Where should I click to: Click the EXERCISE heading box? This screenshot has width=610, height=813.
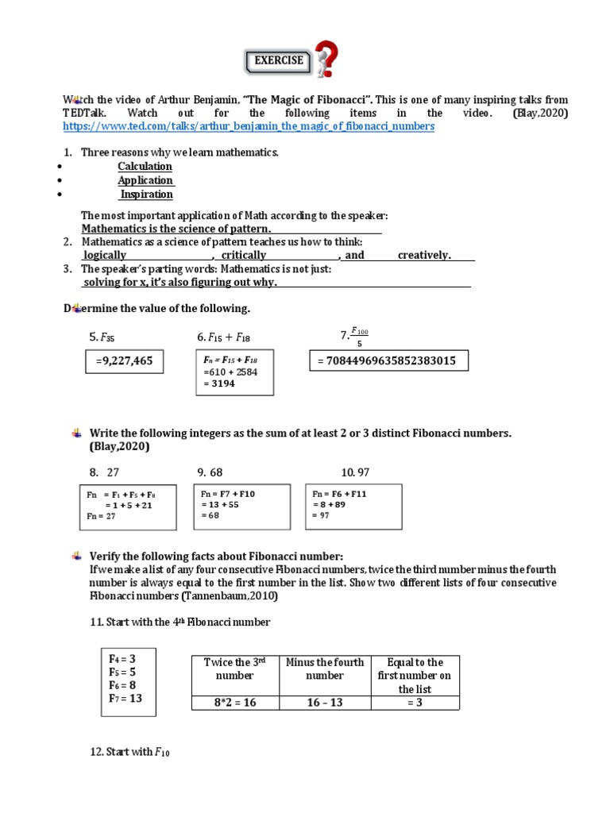point(277,60)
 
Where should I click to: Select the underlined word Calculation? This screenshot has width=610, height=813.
point(145,166)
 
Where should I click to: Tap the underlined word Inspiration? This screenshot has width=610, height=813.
point(146,194)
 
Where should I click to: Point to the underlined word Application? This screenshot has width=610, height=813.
point(145,180)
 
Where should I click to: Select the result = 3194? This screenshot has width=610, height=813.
point(218,383)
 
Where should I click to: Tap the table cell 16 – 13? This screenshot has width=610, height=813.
point(324,702)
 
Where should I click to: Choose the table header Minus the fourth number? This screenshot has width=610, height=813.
point(324,669)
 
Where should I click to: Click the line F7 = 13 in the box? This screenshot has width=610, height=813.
point(125,698)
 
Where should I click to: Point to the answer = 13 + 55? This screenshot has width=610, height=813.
point(222,504)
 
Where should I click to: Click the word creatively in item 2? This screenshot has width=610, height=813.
point(424,255)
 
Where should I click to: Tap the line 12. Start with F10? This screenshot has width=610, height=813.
point(130,752)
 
